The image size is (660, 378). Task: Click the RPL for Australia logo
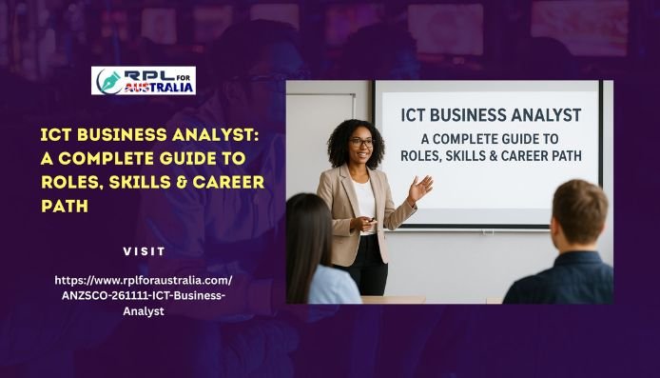tap(143, 81)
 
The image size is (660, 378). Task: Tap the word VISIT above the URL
tap(145, 251)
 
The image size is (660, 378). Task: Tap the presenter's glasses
tap(361, 143)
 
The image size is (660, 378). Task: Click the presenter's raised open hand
tap(419, 187)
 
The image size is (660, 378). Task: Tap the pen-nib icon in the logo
tap(108, 81)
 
